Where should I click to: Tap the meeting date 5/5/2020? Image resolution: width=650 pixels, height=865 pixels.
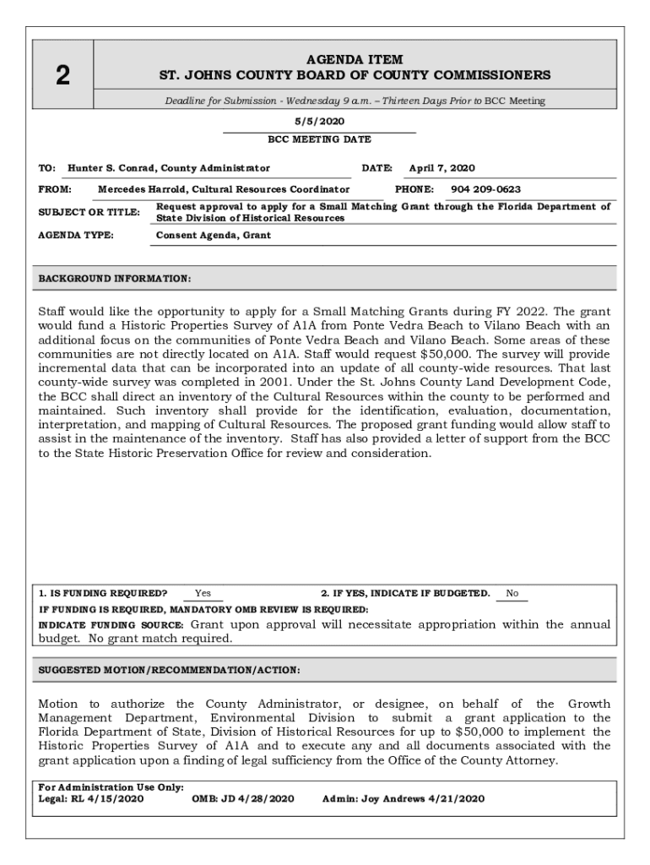(x=319, y=121)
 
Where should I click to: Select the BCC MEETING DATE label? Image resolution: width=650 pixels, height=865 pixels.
(x=319, y=139)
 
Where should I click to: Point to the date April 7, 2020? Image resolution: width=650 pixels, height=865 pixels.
(x=441, y=168)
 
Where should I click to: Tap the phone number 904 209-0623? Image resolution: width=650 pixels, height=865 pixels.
(x=485, y=189)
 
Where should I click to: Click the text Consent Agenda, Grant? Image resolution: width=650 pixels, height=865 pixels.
(x=214, y=235)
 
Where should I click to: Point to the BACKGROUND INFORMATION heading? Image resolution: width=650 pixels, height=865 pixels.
(x=115, y=278)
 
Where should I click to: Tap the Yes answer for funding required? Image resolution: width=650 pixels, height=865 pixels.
(x=203, y=594)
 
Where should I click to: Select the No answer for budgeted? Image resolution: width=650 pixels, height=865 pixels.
(x=512, y=594)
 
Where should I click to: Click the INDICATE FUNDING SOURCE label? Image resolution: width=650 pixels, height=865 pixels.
(x=112, y=626)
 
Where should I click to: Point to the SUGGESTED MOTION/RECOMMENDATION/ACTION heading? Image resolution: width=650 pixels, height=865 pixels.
(x=169, y=670)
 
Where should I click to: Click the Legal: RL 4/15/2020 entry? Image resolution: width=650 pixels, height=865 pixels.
(x=91, y=798)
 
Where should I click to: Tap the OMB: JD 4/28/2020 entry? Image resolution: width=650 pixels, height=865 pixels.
(x=243, y=798)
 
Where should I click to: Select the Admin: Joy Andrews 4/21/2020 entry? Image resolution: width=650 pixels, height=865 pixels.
(x=404, y=798)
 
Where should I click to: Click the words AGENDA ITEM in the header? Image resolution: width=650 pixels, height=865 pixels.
(x=355, y=60)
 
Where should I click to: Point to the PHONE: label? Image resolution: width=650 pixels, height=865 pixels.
(x=414, y=189)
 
